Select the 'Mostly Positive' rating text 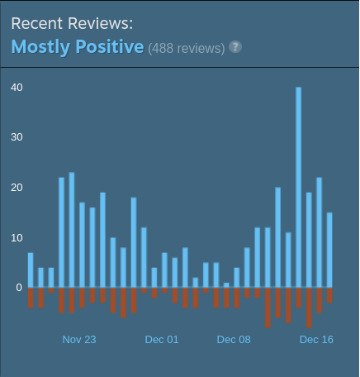pyautogui.click(x=78, y=46)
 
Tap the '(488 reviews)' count pyautogui.click(x=186, y=48)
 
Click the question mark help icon pyautogui.click(x=235, y=47)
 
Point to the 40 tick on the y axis pyautogui.click(x=17, y=87)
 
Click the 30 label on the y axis pyautogui.click(x=17, y=137)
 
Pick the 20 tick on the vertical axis pyautogui.click(x=17, y=188)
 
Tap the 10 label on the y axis pyautogui.click(x=17, y=238)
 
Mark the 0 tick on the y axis pyautogui.click(x=18, y=288)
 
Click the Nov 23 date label pyautogui.click(x=79, y=339)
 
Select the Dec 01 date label pyautogui.click(x=162, y=339)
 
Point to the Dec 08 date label pyautogui.click(x=234, y=339)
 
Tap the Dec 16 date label pyautogui.click(x=316, y=339)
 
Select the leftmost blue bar pyautogui.click(x=31, y=270)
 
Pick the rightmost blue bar pyautogui.click(x=329, y=251)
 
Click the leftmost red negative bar pyautogui.click(x=31, y=298)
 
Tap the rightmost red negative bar pyautogui.click(x=329, y=295)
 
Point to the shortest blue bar pyautogui.click(x=226, y=285)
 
